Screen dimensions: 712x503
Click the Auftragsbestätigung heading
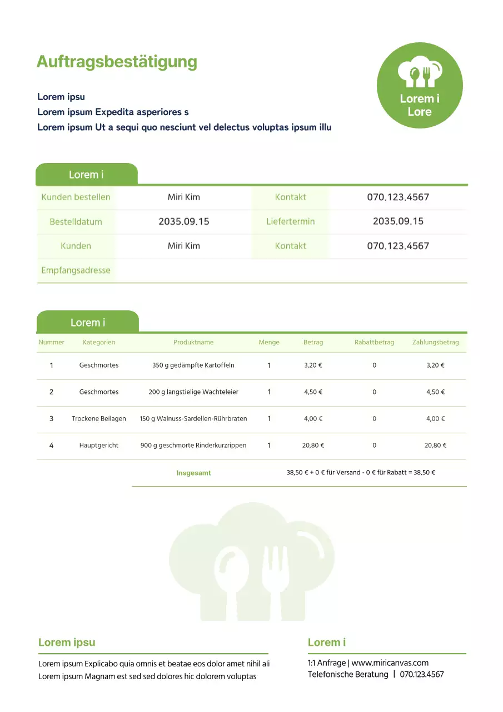tap(117, 62)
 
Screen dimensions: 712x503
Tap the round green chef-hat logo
tap(420, 85)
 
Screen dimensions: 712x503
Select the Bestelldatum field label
tap(76, 221)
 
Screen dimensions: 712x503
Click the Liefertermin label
tap(290, 221)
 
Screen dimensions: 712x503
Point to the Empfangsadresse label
tap(76, 270)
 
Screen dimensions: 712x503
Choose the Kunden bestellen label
tap(76, 197)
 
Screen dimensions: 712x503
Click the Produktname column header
tap(193, 342)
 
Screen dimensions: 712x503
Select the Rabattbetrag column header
tap(374, 342)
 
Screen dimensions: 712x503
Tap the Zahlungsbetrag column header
tap(435, 342)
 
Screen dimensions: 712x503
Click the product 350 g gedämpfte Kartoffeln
tap(193, 365)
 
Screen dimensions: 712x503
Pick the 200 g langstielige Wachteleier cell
tap(193, 392)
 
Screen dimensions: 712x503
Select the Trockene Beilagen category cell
tap(99, 419)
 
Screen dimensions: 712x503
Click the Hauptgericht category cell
tap(99, 446)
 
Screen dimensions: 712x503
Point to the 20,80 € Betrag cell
tap(313, 446)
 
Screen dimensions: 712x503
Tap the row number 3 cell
tap(51, 419)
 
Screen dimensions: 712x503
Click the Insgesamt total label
tap(193, 473)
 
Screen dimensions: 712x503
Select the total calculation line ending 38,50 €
tap(361, 473)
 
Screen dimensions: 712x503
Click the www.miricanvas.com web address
tap(390, 662)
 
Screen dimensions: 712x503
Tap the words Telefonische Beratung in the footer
tap(348, 674)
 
